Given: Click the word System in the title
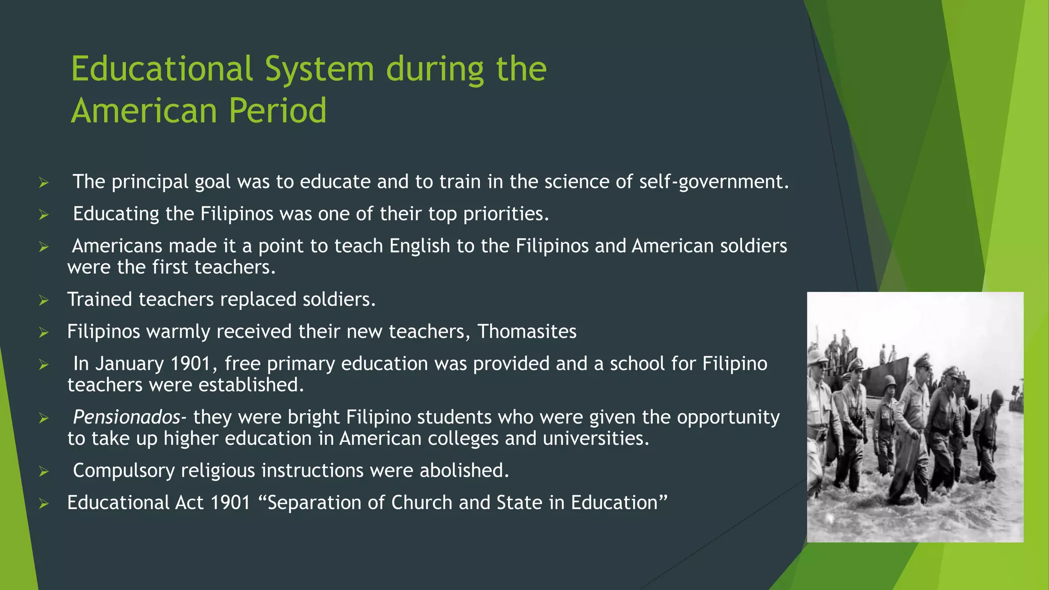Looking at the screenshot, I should [320, 69].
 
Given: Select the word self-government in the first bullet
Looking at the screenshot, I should [714, 182].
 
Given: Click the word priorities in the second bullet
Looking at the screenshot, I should [506, 214].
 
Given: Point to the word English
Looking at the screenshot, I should [419, 246].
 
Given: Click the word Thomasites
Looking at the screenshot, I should [527, 331].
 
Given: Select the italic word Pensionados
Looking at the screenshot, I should [127, 417].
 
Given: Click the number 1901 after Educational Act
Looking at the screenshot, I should [230, 502].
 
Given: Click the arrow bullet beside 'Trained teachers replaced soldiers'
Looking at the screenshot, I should [44, 300].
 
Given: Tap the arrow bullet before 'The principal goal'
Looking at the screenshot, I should [44, 182].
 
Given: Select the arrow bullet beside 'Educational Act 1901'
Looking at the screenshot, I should [44, 503].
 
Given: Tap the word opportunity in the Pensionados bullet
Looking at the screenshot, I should [728, 417].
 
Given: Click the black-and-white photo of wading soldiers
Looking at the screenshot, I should [915, 417].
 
